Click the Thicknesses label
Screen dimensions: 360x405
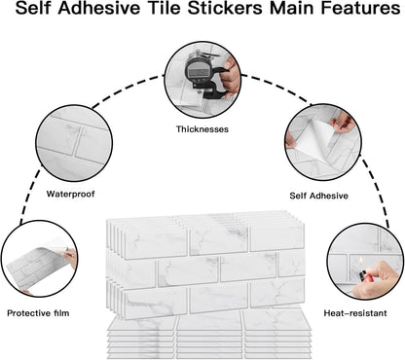[x=202, y=128]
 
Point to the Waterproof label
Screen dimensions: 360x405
[x=71, y=193]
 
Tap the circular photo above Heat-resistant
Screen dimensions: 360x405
[x=364, y=262]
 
